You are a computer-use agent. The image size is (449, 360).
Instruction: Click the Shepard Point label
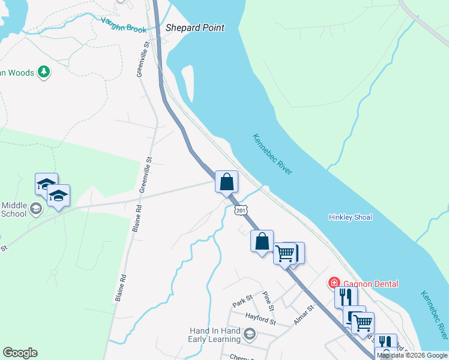[x=194, y=28]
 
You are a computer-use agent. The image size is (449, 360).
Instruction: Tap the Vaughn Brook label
[x=124, y=25]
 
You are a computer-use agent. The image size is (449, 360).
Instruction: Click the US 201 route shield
[x=241, y=210]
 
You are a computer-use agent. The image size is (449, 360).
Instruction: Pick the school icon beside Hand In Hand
[x=250, y=334]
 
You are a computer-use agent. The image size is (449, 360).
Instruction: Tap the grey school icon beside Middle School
[x=36, y=208]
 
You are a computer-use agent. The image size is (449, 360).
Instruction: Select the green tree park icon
[x=43, y=73]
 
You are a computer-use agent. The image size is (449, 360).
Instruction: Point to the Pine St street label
[x=268, y=299]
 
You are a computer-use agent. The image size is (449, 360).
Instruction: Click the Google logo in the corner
[x=20, y=353]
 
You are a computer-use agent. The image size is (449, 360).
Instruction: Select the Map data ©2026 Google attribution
[x=412, y=355]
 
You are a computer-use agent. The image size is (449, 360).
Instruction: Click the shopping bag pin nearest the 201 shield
[x=227, y=181]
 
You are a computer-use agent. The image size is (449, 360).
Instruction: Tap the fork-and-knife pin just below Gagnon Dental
[x=346, y=296]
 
